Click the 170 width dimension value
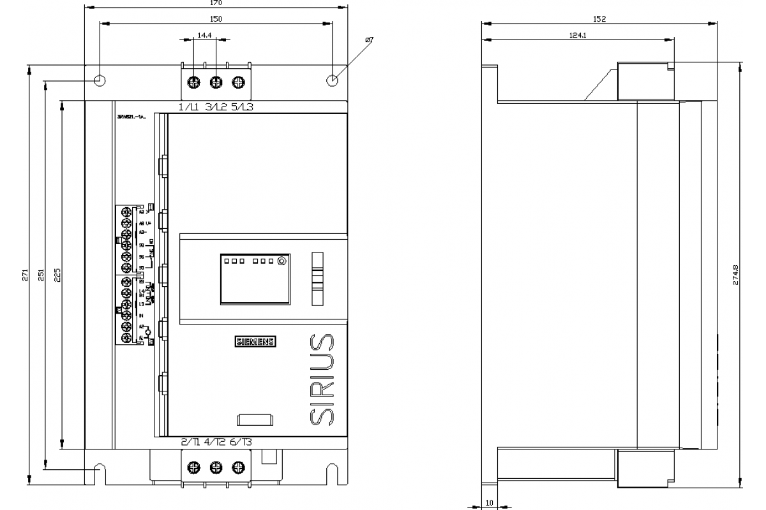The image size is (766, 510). [216, 3]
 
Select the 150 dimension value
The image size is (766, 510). [216, 20]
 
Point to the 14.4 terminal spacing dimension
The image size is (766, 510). [204, 36]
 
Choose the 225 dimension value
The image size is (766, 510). [57, 275]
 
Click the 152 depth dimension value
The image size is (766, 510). [599, 20]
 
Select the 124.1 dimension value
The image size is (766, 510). [578, 36]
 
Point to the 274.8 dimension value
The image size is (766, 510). [735, 275]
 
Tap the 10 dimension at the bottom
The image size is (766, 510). [490, 503]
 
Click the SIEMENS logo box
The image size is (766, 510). [255, 342]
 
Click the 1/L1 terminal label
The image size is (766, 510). [190, 107]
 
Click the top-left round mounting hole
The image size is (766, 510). [100, 81]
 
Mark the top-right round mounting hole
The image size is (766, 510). [333, 81]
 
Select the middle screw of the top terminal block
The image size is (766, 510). [216, 82]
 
